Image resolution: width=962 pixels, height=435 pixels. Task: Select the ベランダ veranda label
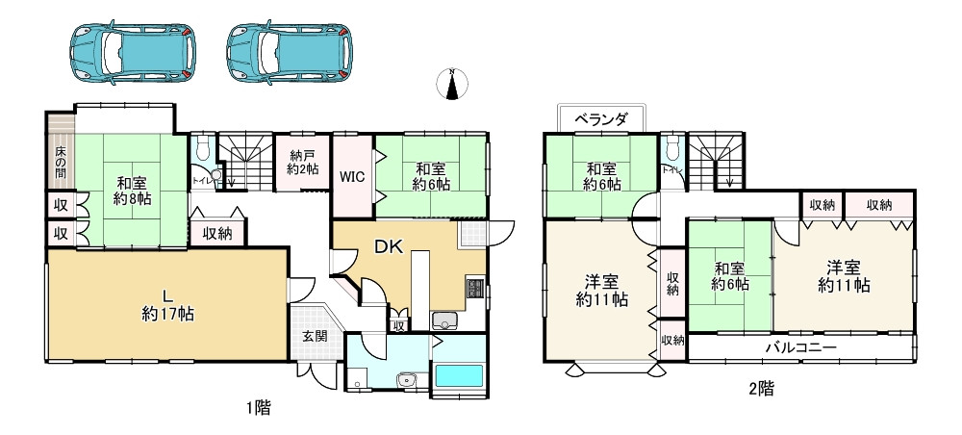coord(601,119)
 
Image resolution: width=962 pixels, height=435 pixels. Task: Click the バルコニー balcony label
coord(800,347)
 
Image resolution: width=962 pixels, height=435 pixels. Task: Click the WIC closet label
coord(352,177)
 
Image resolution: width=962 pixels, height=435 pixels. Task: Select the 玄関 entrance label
coord(314,336)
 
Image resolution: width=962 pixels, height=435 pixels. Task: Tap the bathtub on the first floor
coord(459,376)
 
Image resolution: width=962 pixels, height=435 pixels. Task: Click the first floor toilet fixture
coord(201,150)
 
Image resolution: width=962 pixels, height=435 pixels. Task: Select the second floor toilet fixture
coord(672,149)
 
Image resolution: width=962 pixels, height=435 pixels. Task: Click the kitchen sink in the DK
coord(445,321)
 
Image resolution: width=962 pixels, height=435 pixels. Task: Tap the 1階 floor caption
coord(257,407)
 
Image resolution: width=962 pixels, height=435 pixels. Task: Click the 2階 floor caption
coord(760,389)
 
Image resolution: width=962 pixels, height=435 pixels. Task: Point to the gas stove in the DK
coord(473,288)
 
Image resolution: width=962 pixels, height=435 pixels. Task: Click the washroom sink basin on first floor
coord(408,379)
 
